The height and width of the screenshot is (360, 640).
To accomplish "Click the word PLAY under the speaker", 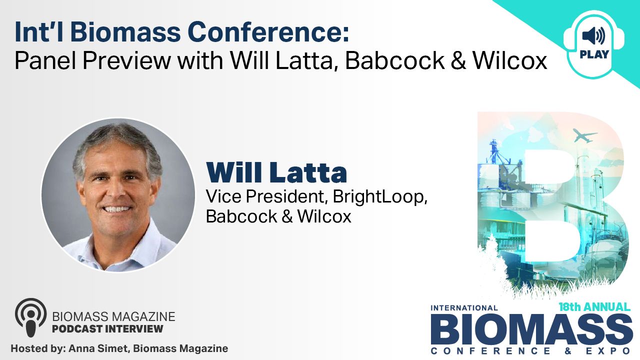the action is pos(594,54).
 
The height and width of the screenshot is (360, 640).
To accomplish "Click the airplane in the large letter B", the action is pos(584,135).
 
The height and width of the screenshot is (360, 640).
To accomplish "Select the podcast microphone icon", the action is pos(31,317).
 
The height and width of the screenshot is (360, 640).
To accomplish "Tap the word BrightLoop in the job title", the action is pos(380,196).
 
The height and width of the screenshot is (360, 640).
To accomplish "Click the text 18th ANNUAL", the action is pos(595,307).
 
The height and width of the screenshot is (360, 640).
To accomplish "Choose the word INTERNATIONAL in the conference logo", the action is pos(464,308).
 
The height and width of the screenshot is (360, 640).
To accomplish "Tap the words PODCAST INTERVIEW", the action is pos(107,329).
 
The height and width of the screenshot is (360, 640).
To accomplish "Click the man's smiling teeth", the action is pos(116,209).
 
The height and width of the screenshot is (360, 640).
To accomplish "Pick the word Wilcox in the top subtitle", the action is pos(509,60).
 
